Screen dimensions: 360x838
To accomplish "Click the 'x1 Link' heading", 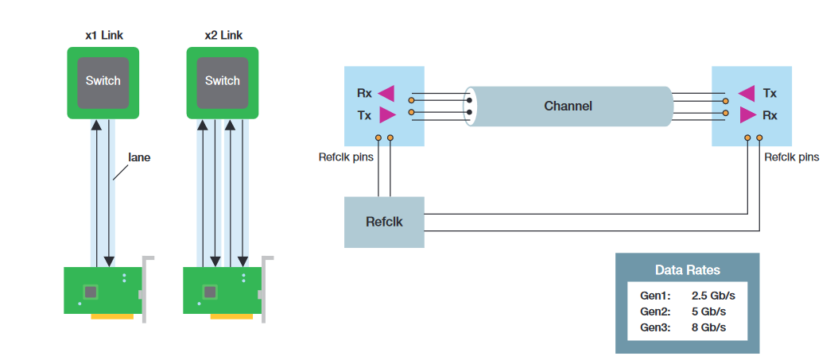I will [x=104, y=36].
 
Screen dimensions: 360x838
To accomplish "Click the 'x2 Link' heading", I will [x=223, y=36].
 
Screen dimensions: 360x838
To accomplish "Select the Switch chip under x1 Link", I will [x=103, y=81].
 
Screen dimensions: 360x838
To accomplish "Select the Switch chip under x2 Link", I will [x=223, y=81].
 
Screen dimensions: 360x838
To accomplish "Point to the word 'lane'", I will [x=139, y=157].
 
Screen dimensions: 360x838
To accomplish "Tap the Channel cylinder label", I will [x=568, y=106].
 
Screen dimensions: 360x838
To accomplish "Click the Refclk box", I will [x=384, y=222].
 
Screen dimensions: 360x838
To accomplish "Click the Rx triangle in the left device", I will [x=386, y=93].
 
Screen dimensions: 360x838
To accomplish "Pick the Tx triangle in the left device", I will [x=387, y=115].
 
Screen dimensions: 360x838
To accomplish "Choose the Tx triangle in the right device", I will [x=746, y=93].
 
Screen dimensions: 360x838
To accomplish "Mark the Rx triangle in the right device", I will [x=747, y=115].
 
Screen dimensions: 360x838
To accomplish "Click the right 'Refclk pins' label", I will [x=791, y=157].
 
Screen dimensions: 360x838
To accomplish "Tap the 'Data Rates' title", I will [x=688, y=270].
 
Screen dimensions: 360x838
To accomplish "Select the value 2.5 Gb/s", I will [x=709, y=295].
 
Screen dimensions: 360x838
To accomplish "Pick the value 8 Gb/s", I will [x=709, y=327].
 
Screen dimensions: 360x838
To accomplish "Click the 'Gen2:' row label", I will [x=655, y=311].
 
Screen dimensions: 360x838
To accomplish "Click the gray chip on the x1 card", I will [x=91, y=292].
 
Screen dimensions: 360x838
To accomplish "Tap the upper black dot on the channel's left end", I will [x=469, y=100].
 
